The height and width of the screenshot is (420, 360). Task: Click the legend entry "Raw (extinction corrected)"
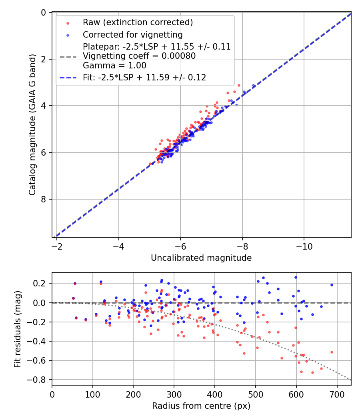pyautogui.click(x=138, y=22)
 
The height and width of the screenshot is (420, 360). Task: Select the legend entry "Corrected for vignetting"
pyautogui.click(x=132, y=35)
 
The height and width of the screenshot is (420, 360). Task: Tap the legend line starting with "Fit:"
pyautogui.click(x=144, y=78)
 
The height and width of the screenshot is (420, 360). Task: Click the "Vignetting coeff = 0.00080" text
pyautogui.click(x=139, y=56)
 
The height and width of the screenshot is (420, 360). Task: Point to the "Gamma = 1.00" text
pyautogui.click(x=114, y=65)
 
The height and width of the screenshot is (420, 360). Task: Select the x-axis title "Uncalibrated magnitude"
pyautogui.click(x=201, y=258)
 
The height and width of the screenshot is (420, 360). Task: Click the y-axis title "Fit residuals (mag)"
pyautogui.click(x=17, y=329)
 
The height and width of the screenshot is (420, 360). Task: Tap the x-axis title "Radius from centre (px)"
pyautogui.click(x=201, y=406)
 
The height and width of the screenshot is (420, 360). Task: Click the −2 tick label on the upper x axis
pyautogui.click(x=57, y=245)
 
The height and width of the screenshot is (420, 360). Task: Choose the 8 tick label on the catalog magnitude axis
pyautogui.click(x=44, y=199)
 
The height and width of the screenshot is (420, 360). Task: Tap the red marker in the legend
pyautogui.click(x=67, y=23)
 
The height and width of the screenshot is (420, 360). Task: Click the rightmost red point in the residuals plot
pyautogui.click(x=332, y=352)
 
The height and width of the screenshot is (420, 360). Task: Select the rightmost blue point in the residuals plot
pyautogui.click(x=332, y=285)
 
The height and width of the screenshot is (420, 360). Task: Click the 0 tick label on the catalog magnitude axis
pyautogui.click(x=44, y=13)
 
